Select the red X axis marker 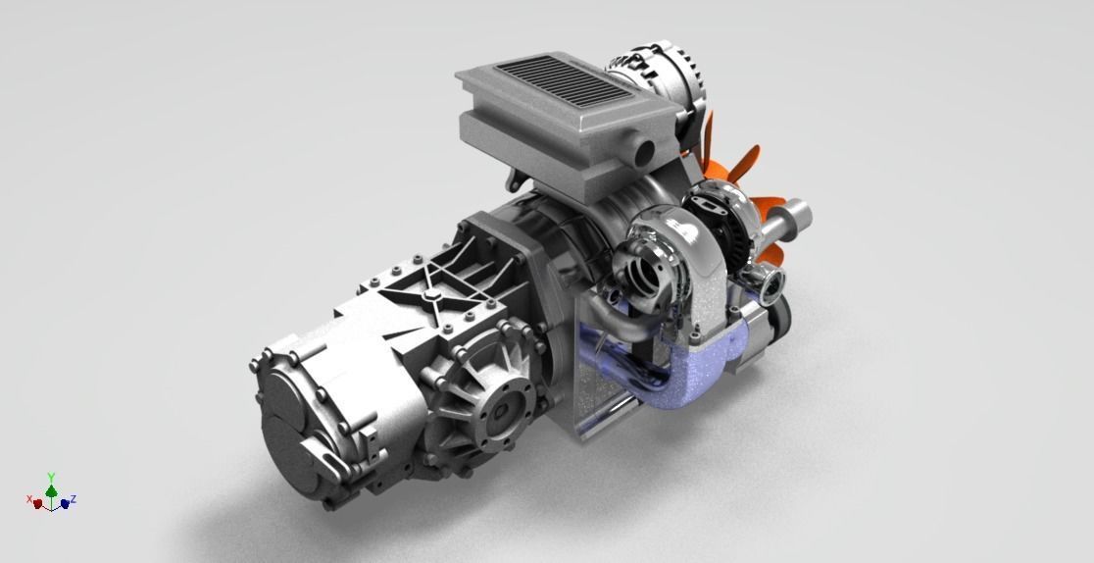tap(38, 504)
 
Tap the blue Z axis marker tap(64, 503)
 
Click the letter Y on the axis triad tap(51, 476)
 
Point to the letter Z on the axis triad tap(74, 499)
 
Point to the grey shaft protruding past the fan tap(799, 217)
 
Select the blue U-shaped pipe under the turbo tap(686, 373)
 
